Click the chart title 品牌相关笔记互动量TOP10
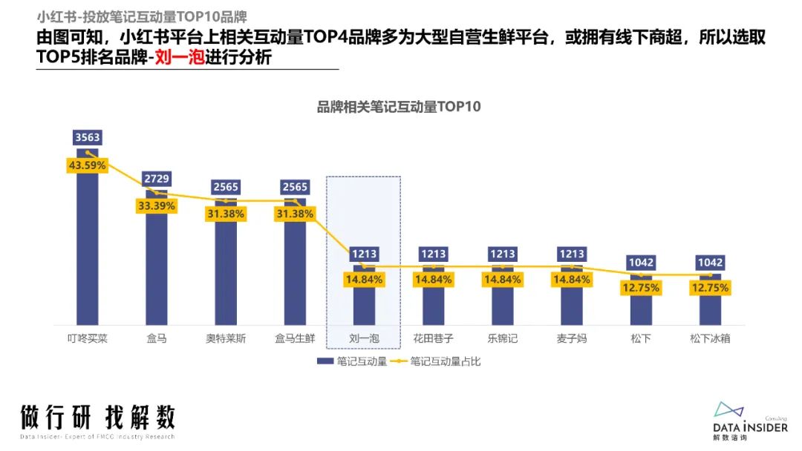tap(399, 107)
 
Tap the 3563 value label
tap(88, 137)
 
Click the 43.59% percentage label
tap(88, 165)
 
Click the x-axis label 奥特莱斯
tap(226, 338)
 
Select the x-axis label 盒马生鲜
tap(295, 338)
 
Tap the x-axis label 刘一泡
tap(364, 338)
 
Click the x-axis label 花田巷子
tap(434, 338)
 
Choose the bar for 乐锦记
tap(503, 304)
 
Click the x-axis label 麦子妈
tap(572, 338)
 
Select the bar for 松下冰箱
tap(711, 308)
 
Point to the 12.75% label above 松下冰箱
tap(711, 288)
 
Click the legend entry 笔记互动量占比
tap(445, 362)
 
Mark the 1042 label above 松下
tap(642, 263)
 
